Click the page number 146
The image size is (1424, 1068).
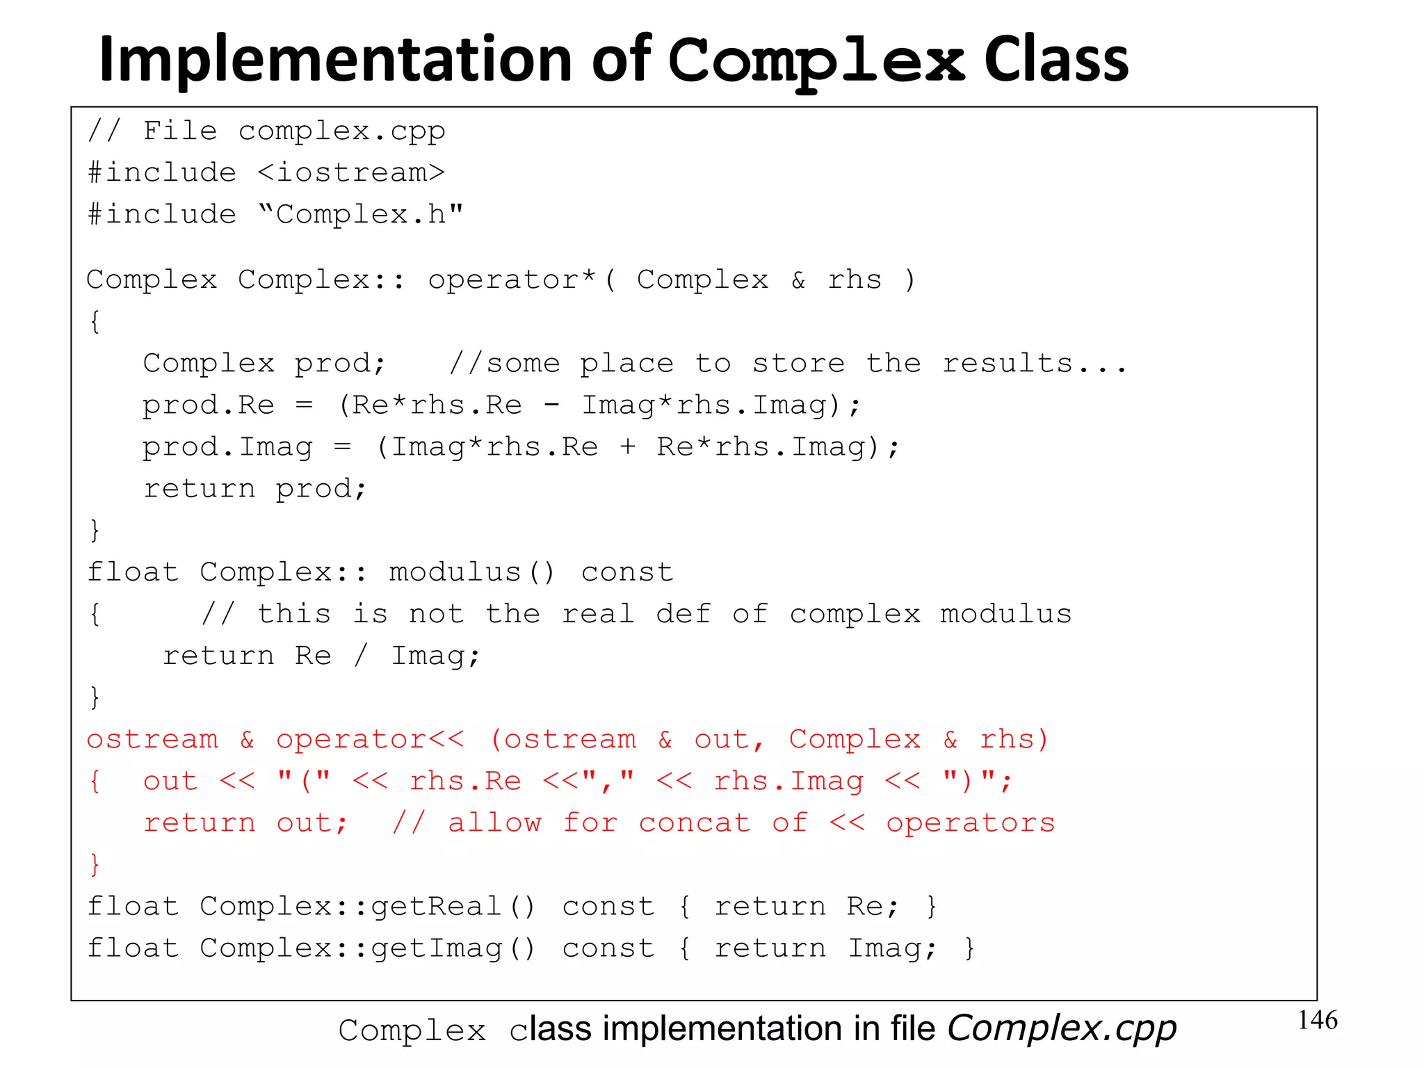(1317, 1020)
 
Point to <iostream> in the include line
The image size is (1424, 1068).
(351, 172)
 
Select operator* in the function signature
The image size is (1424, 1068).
(512, 280)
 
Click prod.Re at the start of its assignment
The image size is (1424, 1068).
(209, 405)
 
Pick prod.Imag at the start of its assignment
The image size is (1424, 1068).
(227, 447)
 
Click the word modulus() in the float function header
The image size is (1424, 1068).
(472, 572)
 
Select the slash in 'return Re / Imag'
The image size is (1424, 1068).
(360, 656)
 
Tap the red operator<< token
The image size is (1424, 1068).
(370, 739)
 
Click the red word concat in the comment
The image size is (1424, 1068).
(695, 823)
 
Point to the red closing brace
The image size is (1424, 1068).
(95, 865)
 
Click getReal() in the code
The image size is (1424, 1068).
(453, 907)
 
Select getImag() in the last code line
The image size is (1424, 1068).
(453, 948)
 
